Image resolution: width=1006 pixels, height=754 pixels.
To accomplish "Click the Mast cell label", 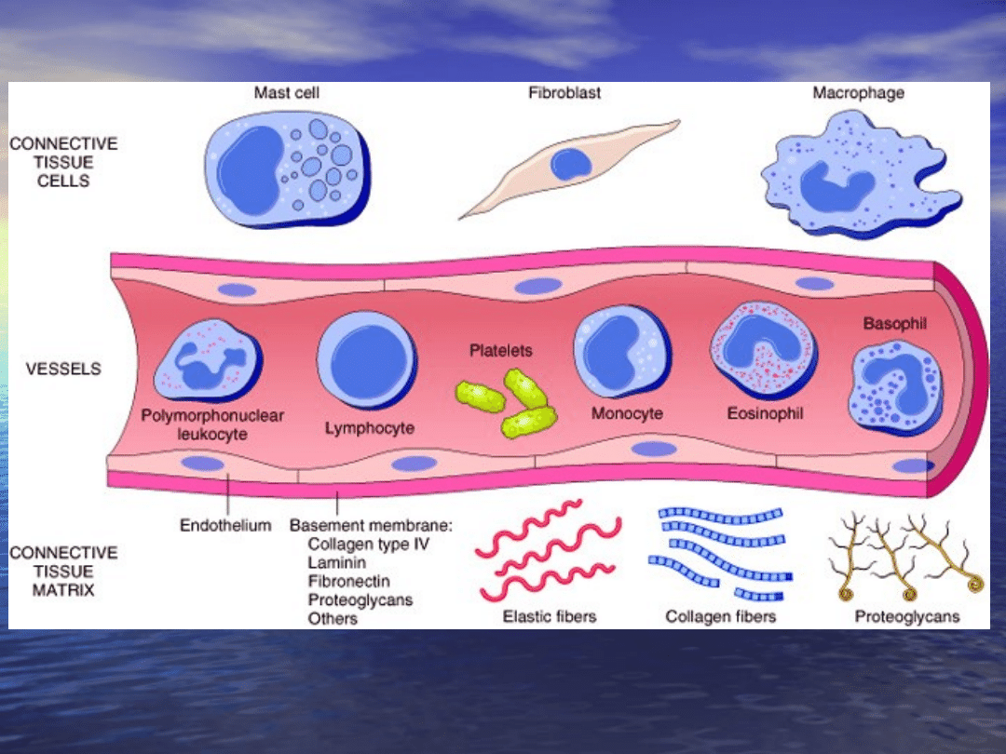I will [287, 93].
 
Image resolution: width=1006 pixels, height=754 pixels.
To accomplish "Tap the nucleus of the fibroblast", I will [570, 166].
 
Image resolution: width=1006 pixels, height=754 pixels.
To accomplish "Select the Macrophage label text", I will [858, 93].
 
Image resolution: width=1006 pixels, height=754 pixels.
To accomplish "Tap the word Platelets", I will [501, 351].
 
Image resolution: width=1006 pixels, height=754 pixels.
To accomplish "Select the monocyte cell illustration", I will [621, 355].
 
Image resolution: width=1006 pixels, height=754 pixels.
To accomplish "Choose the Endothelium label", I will [225, 525].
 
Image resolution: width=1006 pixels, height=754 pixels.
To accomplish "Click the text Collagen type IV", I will [369, 544].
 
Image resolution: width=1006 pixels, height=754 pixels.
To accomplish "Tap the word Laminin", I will [336, 562].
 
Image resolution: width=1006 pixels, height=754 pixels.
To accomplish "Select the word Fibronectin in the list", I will [348, 581].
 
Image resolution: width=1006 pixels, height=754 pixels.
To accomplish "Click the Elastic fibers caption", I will [549, 616].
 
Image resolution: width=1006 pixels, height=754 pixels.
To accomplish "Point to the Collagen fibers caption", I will [721, 616].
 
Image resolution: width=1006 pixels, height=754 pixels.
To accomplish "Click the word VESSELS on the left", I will [63, 369].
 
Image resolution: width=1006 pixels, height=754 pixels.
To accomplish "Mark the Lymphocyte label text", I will [370, 428].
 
